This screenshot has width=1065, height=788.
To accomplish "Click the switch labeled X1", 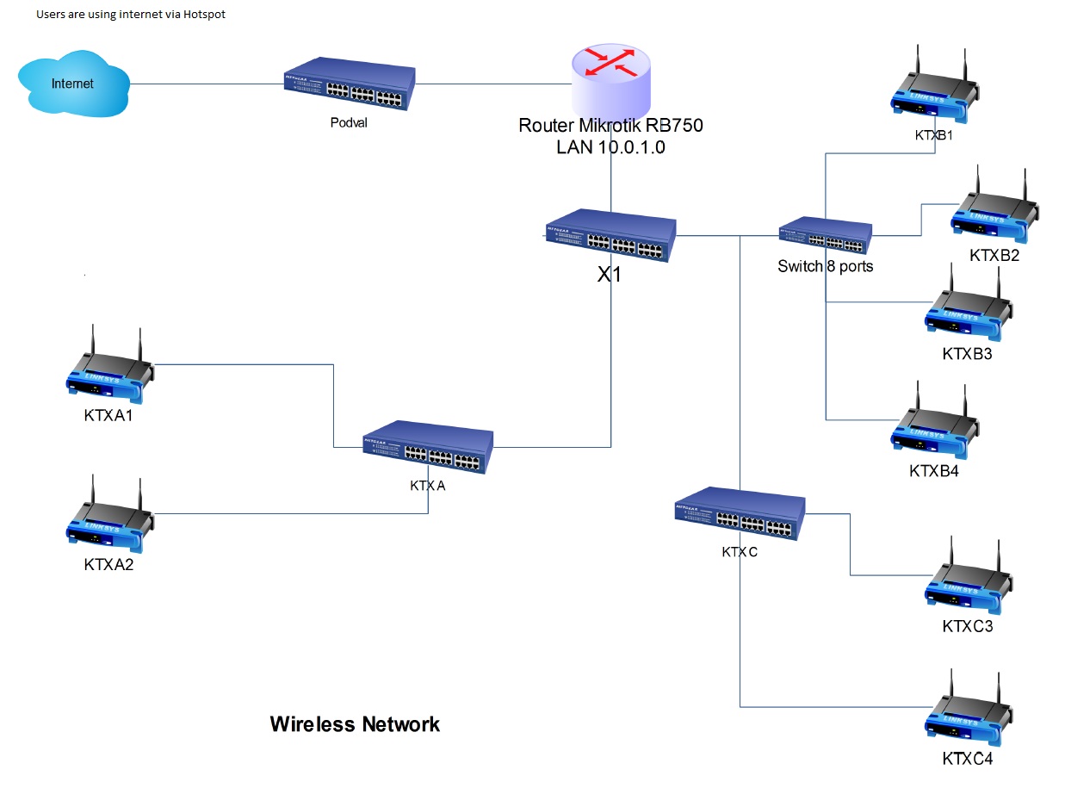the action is pyautogui.click(x=610, y=237).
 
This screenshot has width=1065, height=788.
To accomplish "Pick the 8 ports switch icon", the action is pyautogui.click(x=825, y=234).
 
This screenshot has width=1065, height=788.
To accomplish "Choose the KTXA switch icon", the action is pyautogui.click(x=428, y=447).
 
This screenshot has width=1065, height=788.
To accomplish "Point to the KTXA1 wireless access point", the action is pyautogui.click(x=110, y=372).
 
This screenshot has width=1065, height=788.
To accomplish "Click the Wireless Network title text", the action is pyautogui.click(x=355, y=724).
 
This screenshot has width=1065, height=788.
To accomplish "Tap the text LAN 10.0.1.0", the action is pyautogui.click(x=610, y=147).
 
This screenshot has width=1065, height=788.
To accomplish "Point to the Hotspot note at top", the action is pyautogui.click(x=131, y=15).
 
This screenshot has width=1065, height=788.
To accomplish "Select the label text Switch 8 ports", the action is pyautogui.click(x=825, y=266).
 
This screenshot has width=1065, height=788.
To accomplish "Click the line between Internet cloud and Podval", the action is pyautogui.click(x=207, y=84).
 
